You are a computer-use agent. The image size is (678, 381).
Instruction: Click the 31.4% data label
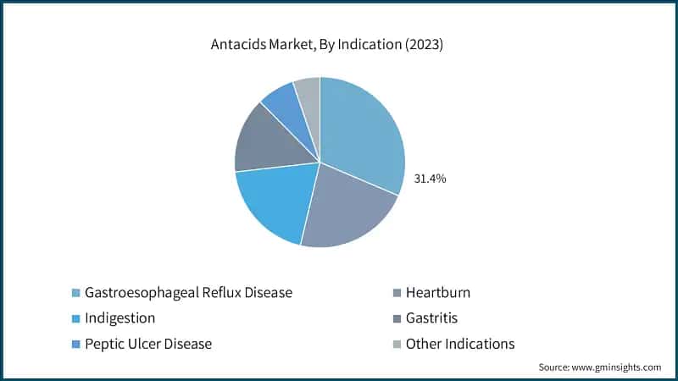(x=430, y=179)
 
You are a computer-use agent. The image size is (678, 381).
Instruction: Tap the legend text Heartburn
(x=437, y=292)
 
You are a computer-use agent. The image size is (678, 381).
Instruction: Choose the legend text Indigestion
(x=119, y=318)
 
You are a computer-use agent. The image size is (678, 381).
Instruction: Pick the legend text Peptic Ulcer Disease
(x=147, y=344)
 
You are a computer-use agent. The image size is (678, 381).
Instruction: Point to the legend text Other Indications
(x=459, y=344)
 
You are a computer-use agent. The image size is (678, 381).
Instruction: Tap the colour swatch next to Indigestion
(x=75, y=319)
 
